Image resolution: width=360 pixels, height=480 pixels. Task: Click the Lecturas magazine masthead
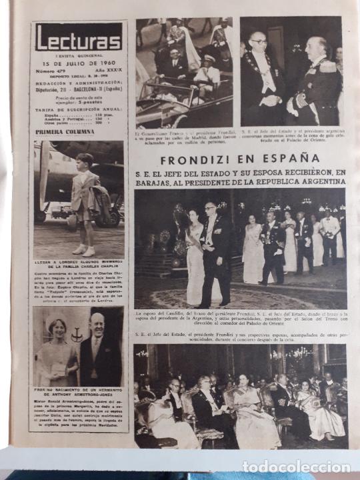click(78, 37)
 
